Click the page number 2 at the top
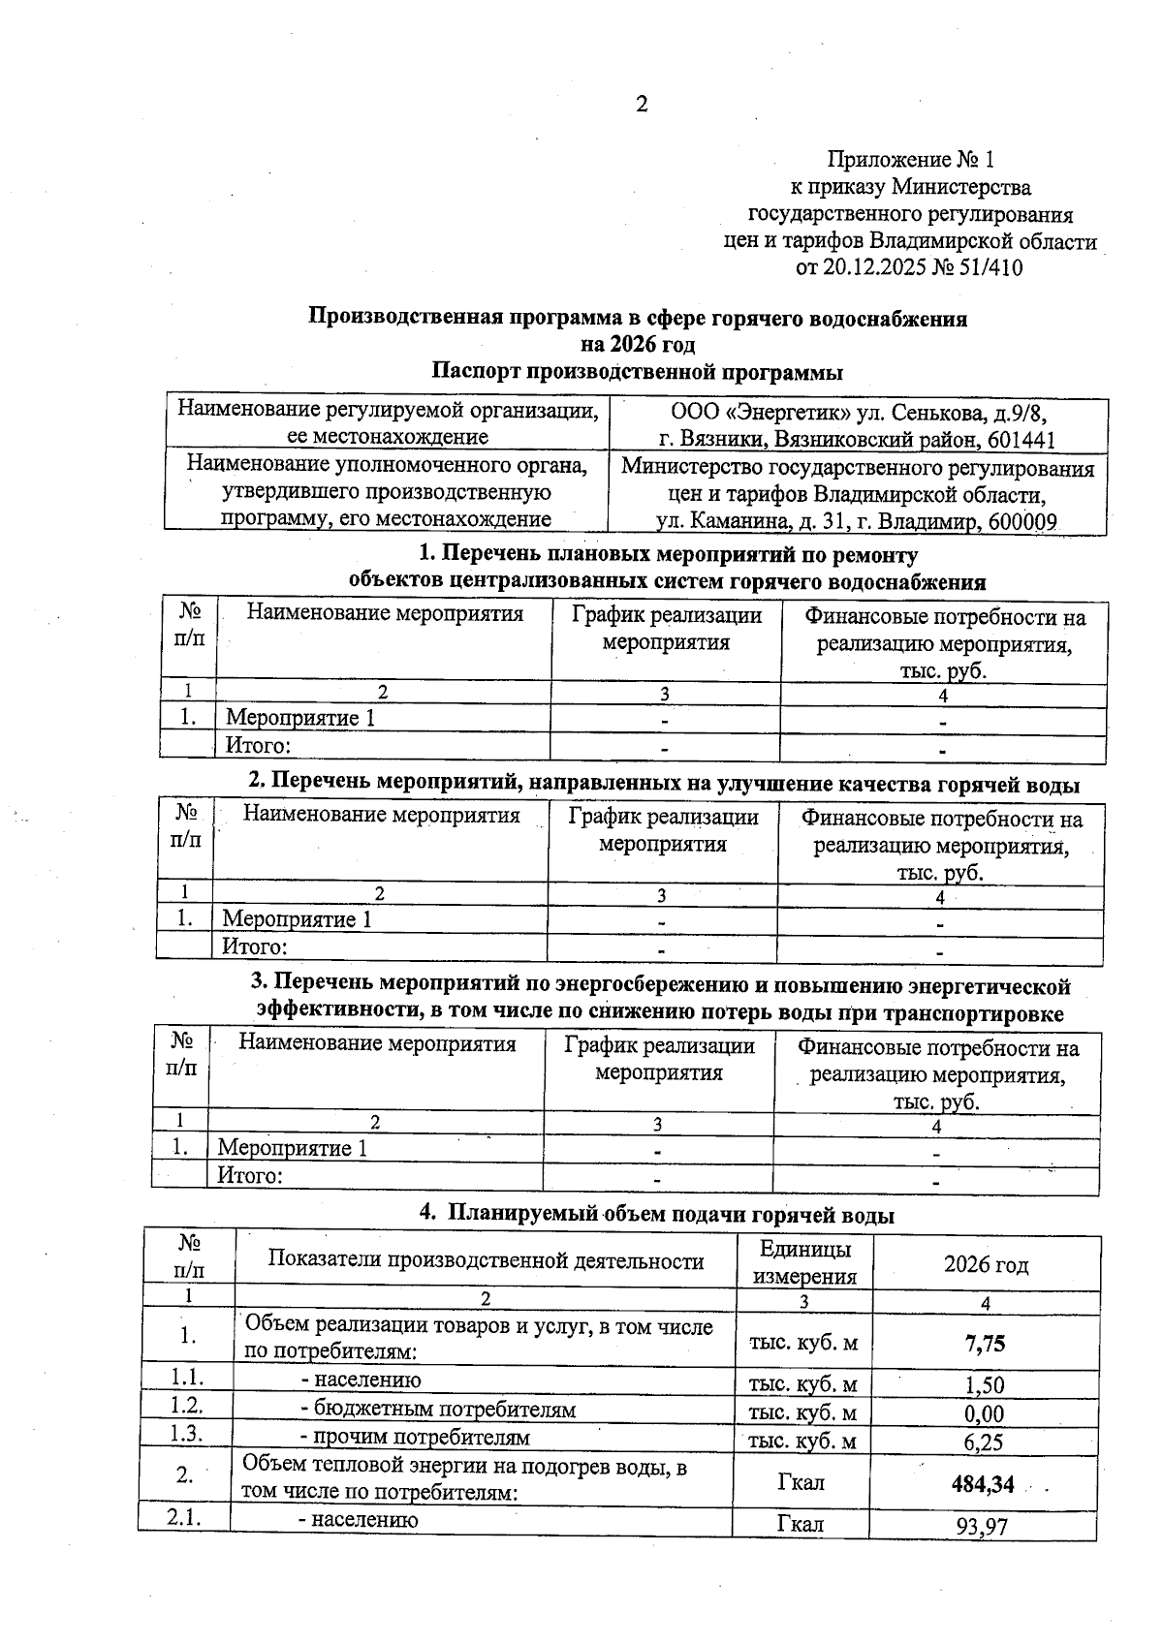pos(641,105)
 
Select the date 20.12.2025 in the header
pos(873,268)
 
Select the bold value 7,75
pos(985,1343)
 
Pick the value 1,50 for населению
pos(984,1385)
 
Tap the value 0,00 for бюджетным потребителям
pos(984,1414)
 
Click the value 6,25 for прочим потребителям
pos(984,1442)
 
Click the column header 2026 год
pos(986,1264)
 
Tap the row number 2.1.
pos(184,1517)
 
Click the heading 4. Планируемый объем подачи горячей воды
pos(656,1215)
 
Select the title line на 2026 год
pos(638,345)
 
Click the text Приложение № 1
pos(910,159)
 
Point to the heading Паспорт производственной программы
pos(637,372)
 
